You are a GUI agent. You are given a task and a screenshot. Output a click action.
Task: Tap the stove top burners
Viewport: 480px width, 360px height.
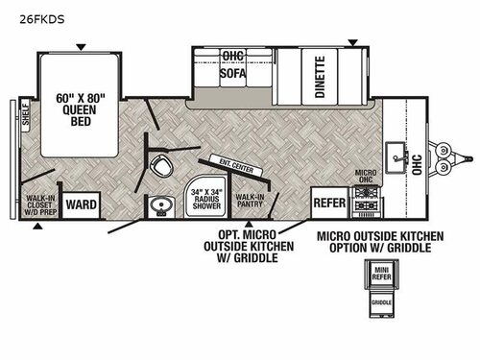(368, 204)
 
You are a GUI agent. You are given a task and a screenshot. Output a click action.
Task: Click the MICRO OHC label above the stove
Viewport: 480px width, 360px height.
(366, 178)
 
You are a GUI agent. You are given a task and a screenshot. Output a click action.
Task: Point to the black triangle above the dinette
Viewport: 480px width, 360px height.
(353, 42)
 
